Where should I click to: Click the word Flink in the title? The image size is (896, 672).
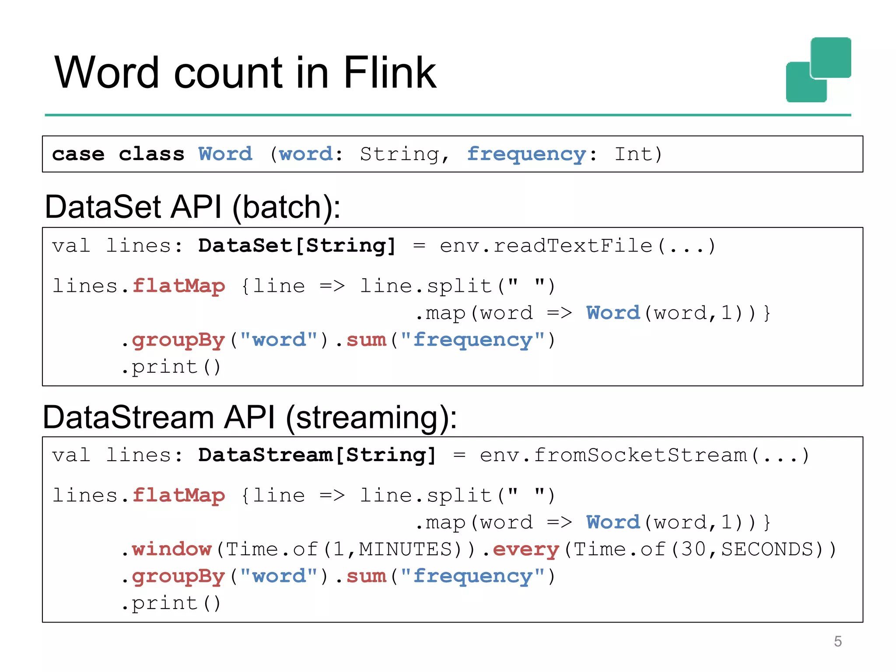click(389, 73)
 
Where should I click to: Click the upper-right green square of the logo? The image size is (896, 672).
click(831, 57)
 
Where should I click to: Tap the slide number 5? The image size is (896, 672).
click(837, 641)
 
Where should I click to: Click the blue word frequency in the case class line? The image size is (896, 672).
click(526, 154)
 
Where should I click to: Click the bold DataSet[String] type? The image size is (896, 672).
click(297, 245)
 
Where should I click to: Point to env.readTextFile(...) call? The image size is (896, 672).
click(577, 245)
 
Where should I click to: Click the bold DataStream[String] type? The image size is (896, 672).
click(317, 455)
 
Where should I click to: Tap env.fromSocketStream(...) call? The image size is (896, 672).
click(644, 455)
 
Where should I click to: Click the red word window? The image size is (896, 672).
click(171, 549)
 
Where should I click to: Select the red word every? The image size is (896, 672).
click(526, 549)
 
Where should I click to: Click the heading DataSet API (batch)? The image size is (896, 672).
click(192, 207)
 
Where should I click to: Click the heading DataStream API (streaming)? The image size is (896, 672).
click(250, 417)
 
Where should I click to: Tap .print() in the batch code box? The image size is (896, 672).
click(171, 367)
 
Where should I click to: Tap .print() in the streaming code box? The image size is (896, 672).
click(171, 603)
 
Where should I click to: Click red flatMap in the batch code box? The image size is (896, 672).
click(178, 286)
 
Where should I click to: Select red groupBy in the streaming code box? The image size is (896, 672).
click(178, 576)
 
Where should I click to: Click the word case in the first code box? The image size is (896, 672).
click(78, 154)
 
